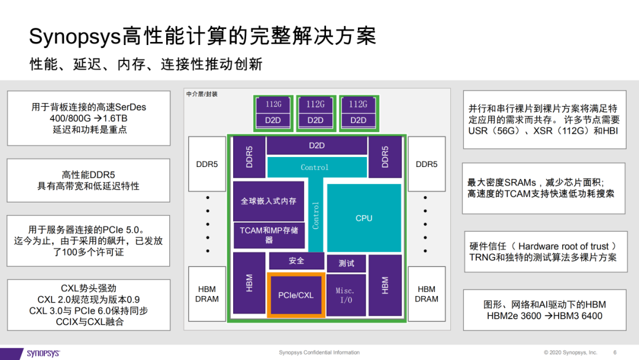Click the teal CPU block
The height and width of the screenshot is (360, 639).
364,218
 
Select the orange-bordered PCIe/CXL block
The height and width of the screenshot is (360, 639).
296,295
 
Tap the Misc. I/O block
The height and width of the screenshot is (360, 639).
346,295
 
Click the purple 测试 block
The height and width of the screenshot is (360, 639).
346,263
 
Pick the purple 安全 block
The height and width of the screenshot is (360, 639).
296,261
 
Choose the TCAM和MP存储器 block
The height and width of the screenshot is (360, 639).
269,235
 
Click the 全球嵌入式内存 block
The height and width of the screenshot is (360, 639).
269,201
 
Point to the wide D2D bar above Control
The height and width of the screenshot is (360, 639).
317,146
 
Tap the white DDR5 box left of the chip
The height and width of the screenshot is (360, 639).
207,164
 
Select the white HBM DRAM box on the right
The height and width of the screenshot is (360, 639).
426,294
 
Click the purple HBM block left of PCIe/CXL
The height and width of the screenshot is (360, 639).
249,283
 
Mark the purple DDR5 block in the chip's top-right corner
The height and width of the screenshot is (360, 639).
385,157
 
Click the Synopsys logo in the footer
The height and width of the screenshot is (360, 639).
43,353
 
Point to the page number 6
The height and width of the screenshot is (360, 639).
615,352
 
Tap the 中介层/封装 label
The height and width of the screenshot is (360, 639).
202,94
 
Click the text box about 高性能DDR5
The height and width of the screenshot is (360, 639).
88,180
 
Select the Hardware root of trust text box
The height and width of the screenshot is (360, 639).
546,252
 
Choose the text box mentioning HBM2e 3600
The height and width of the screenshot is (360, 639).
545,310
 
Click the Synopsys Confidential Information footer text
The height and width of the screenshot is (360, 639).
319,352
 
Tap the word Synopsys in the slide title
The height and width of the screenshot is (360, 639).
75,36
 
